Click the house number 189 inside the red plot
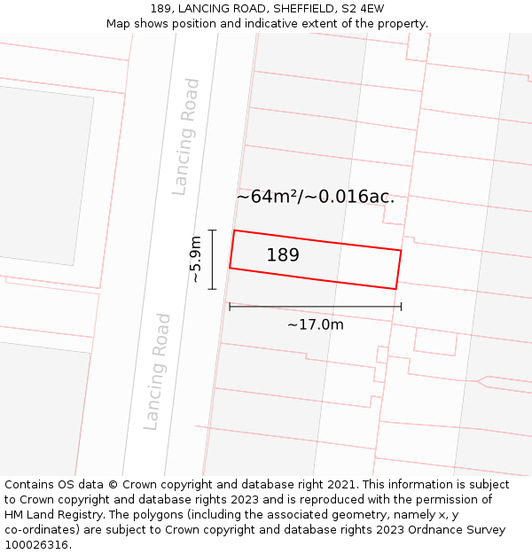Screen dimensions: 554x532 (x=283, y=255)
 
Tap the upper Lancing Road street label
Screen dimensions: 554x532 (x=186, y=137)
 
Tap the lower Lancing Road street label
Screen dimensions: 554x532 (x=158, y=371)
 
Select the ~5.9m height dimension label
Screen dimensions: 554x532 (x=196, y=259)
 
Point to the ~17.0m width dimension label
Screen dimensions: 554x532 (x=315, y=324)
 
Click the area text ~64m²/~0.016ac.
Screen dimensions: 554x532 (x=316, y=197)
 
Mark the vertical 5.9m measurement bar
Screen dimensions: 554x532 (x=213, y=259)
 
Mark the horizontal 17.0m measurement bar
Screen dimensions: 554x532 (x=315, y=307)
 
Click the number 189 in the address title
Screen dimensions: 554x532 (x=160, y=9)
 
